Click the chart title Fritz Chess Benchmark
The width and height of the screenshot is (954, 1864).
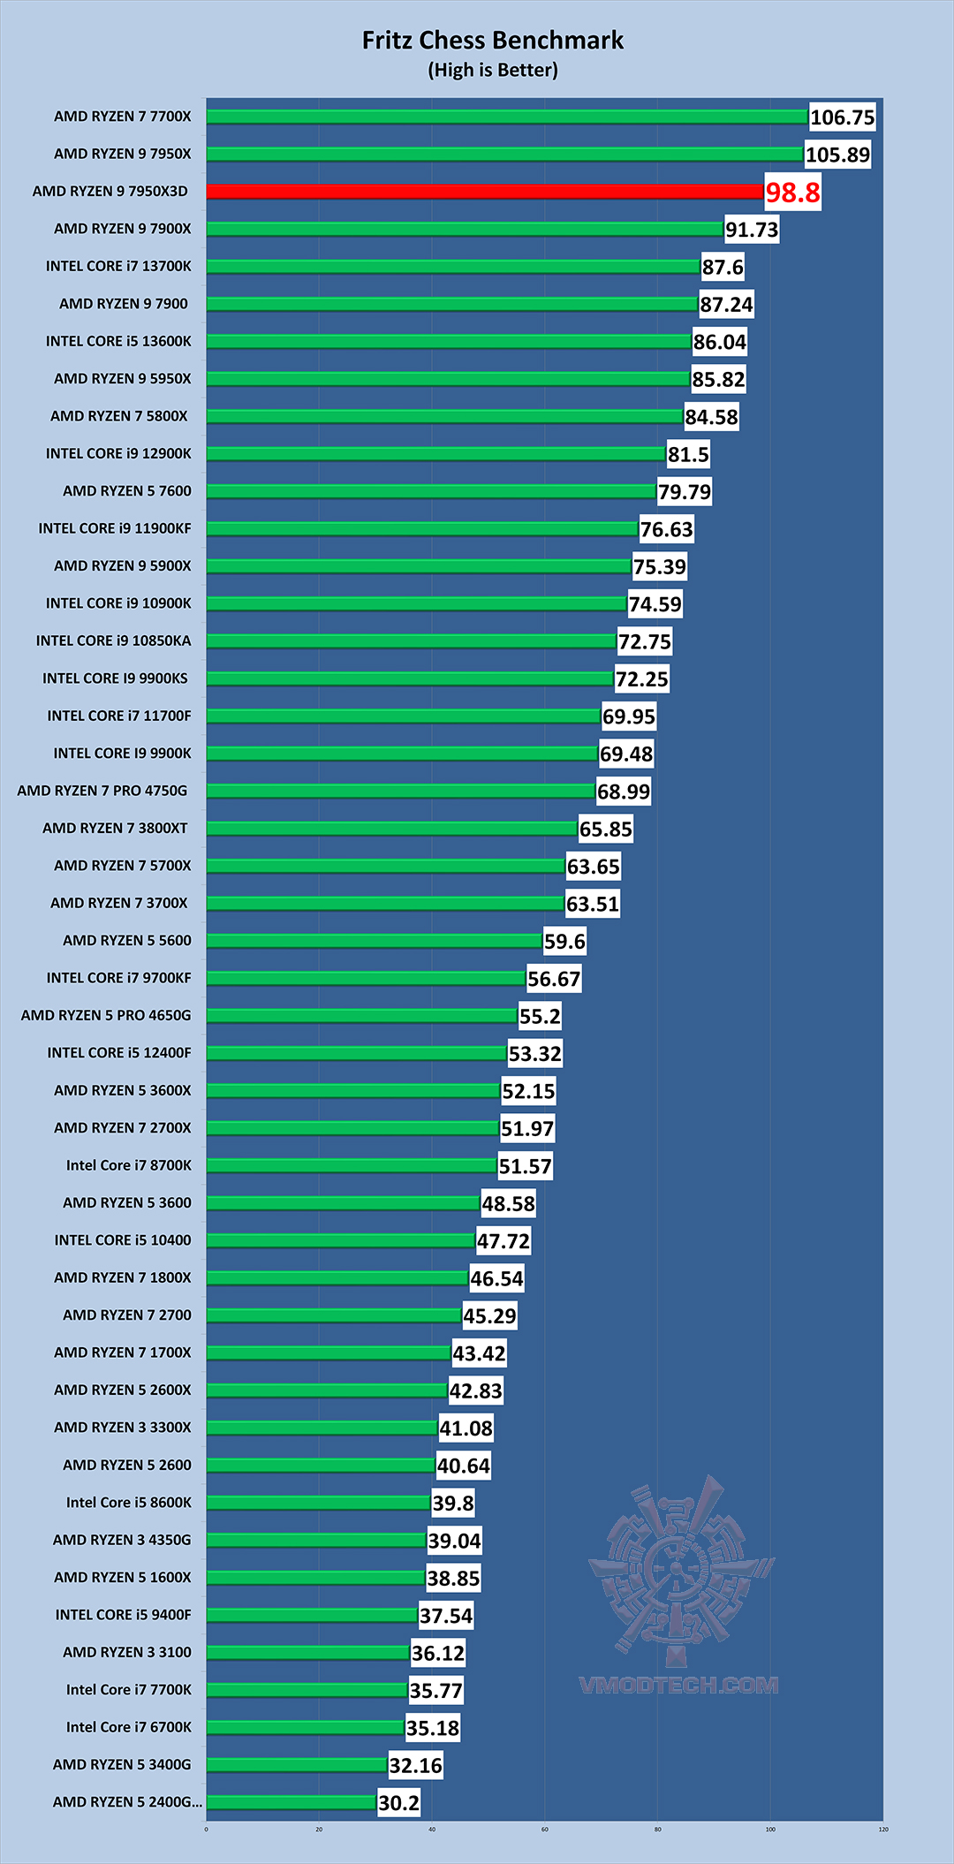click(x=492, y=41)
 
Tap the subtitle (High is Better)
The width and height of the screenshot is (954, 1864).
click(x=492, y=70)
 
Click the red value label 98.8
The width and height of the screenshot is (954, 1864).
click(x=792, y=193)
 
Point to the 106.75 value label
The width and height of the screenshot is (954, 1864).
click(x=842, y=117)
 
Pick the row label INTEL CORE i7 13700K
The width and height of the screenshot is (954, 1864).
click(x=118, y=266)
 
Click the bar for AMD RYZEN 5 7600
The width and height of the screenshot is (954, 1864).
click(x=431, y=491)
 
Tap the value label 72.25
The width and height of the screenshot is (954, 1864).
click(x=641, y=679)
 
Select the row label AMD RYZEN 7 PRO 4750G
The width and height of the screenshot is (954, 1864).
click(x=102, y=791)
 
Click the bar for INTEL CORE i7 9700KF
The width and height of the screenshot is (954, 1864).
click(x=366, y=978)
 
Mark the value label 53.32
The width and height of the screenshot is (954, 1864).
click(x=534, y=1054)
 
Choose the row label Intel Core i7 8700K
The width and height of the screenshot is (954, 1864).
click(x=128, y=1165)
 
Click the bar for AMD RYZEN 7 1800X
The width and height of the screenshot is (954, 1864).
click(x=337, y=1277)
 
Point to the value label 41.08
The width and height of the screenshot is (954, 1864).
click(x=466, y=1428)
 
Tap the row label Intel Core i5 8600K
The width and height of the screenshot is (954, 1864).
click(x=128, y=1503)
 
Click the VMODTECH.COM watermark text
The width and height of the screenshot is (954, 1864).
click(x=678, y=1686)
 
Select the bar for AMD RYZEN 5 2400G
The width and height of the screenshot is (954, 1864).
click(x=291, y=1802)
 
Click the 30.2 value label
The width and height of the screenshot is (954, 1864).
click(x=398, y=1803)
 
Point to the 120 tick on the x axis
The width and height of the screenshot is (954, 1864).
click(x=883, y=1830)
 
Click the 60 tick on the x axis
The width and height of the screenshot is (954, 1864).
click(x=545, y=1830)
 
